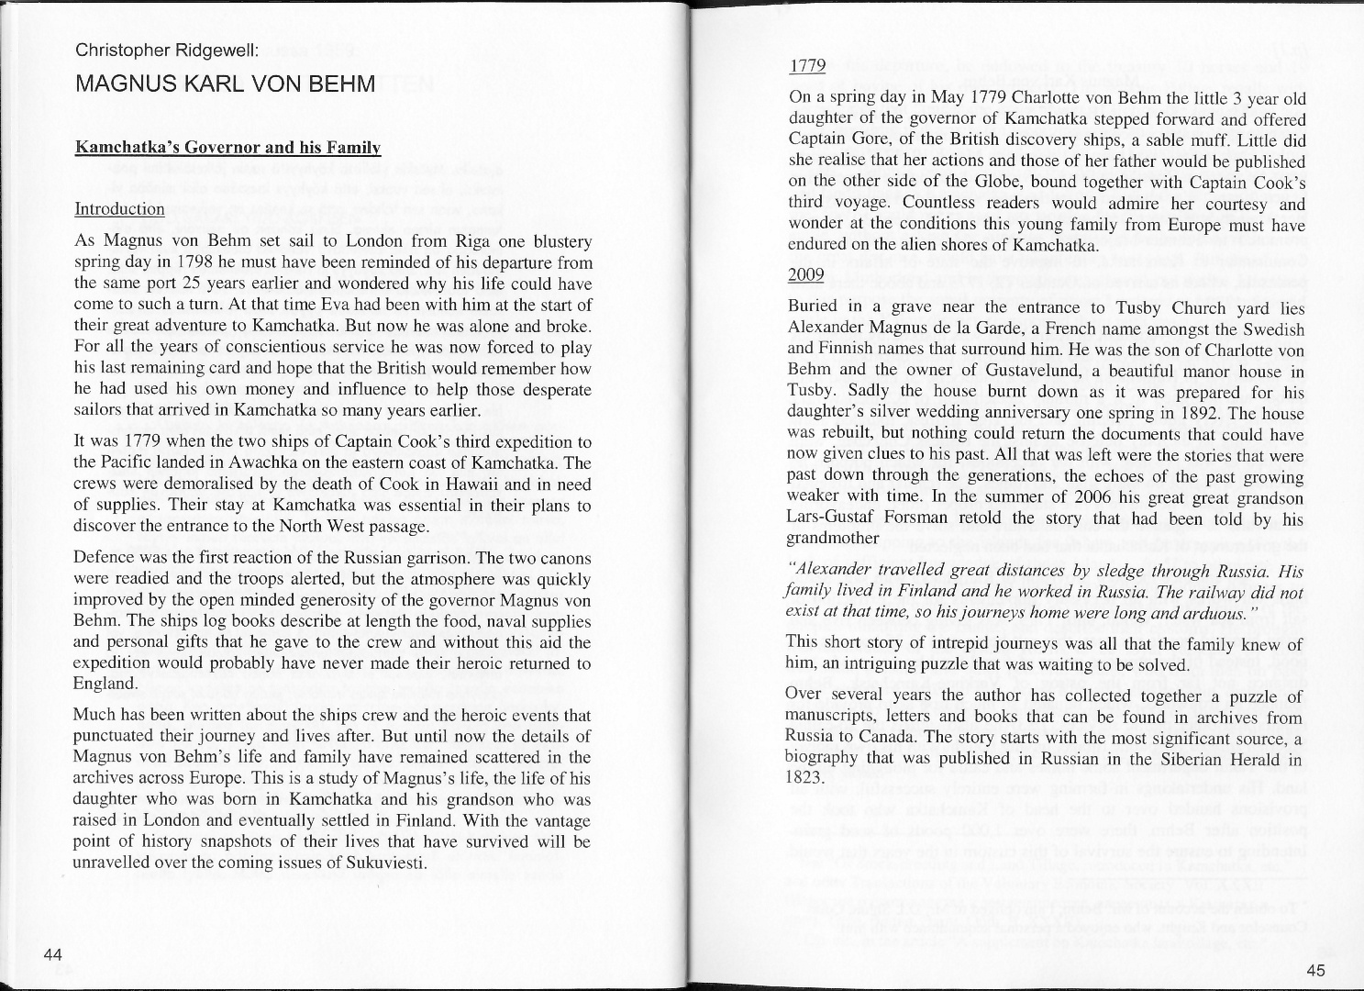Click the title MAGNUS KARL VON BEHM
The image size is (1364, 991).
tap(225, 85)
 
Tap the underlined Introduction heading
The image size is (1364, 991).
tap(119, 208)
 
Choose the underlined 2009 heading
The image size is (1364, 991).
tap(807, 274)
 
